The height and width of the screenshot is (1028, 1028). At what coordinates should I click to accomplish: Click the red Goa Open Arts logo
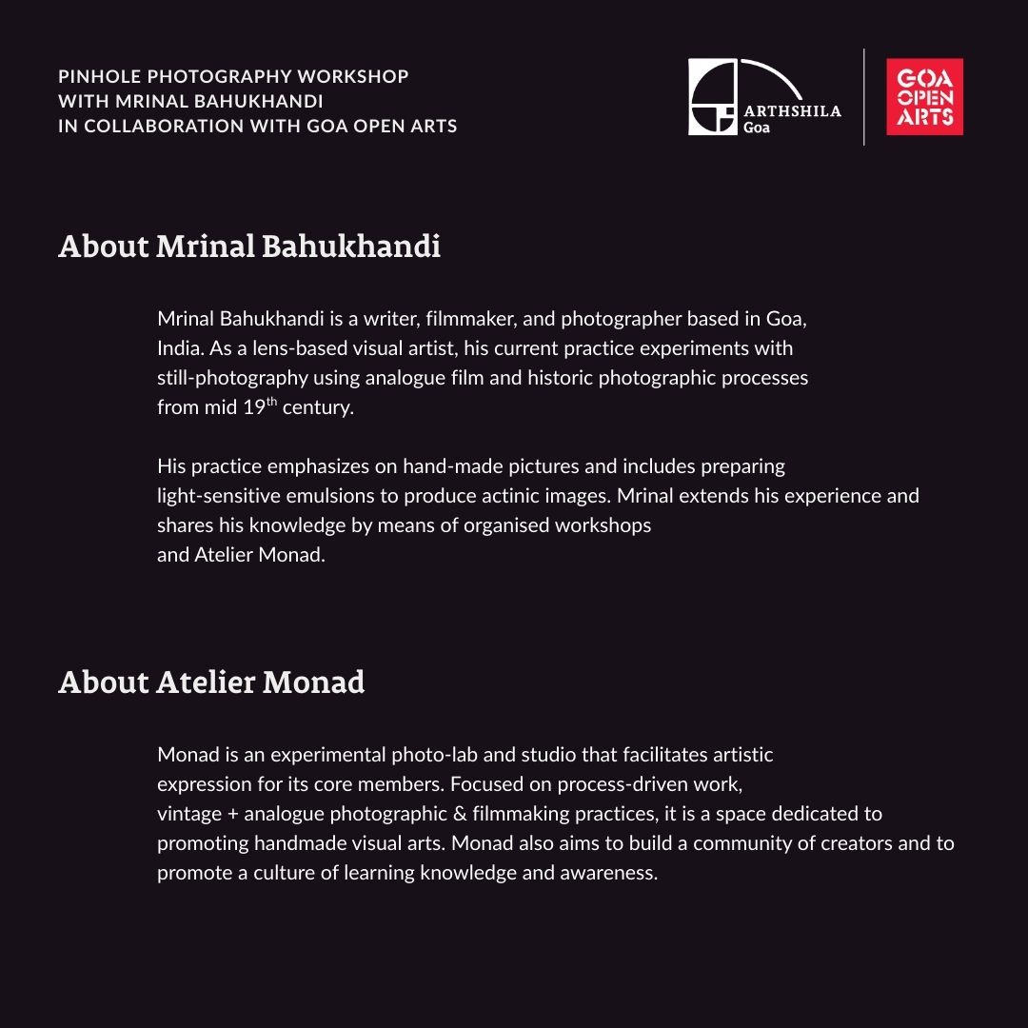(924, 97)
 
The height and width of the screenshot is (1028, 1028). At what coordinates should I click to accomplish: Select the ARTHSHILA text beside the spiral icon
(792, 111)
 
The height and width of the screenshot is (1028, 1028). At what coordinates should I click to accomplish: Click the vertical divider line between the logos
(864, 97)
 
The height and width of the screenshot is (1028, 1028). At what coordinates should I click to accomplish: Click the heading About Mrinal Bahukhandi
(249, 247)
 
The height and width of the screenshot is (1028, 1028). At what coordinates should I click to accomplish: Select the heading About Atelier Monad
(211, 682)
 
